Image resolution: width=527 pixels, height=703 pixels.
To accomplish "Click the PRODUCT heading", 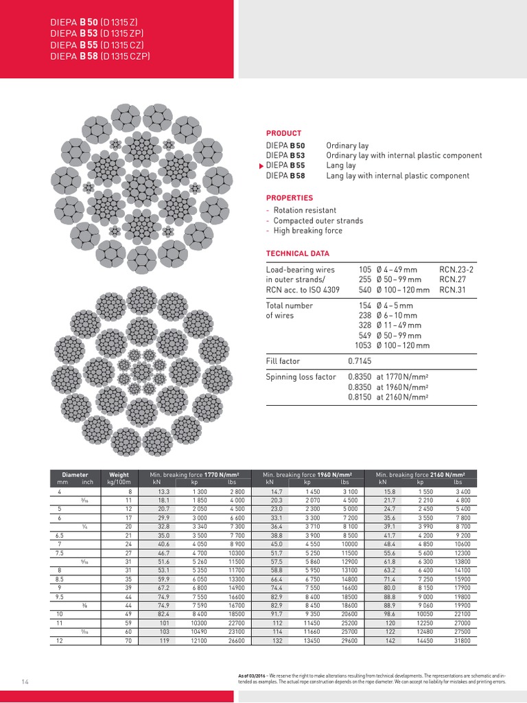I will (x=283, y=133).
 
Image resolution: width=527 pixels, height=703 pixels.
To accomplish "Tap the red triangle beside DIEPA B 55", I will (x=261, y=166).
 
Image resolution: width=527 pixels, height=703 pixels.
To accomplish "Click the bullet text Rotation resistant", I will (x=305, y=210).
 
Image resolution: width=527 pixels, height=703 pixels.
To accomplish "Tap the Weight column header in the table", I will (x=115, y=474).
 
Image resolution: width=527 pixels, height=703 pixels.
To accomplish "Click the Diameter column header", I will (x=75, y=474).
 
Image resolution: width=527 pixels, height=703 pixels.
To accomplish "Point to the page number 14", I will (x=25, y=681).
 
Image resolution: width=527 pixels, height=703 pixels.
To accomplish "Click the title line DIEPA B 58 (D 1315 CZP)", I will (x=100, y=56).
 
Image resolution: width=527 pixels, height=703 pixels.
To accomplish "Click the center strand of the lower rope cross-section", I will (x=141, y=371).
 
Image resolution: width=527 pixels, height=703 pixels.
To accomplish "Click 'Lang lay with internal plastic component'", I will (x=397, y=176).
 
